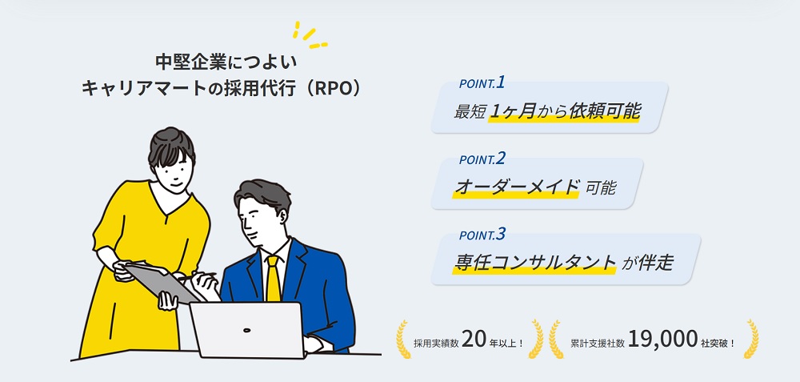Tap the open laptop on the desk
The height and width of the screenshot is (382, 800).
[246, 330]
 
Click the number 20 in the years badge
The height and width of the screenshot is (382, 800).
[474, 340]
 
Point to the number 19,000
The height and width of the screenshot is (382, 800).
[664, 340]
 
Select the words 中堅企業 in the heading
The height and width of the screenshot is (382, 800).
[185, 61]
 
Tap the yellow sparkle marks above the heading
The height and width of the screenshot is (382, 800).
[307, 34]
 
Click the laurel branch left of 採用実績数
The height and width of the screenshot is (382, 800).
[402, 339]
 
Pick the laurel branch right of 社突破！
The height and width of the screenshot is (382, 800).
[750, 339]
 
